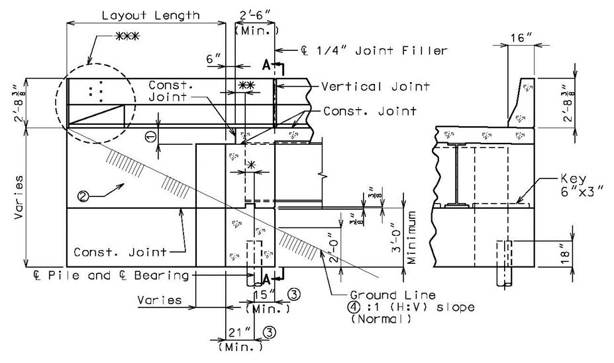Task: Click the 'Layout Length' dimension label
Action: click(x=151, y=16)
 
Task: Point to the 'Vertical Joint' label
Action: click(x=376, y=87)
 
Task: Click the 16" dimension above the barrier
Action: click(x=521, y=38)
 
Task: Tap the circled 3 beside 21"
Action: click(x=270, y=333)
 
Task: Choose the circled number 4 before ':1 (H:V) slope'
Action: click(x=356, y=307)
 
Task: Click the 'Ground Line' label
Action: click(x=393, y=295)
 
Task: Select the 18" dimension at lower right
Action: click(x=565, y=254)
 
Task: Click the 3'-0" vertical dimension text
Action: click(x=396, y=237)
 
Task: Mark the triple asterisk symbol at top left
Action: click(x=128, y=37)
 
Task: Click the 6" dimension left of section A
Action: click(x=214, y=59)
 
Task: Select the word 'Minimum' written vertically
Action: click(x=411, y=237)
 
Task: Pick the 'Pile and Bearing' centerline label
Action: click(x=111, y=275)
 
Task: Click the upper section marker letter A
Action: click(x=266, y=65)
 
